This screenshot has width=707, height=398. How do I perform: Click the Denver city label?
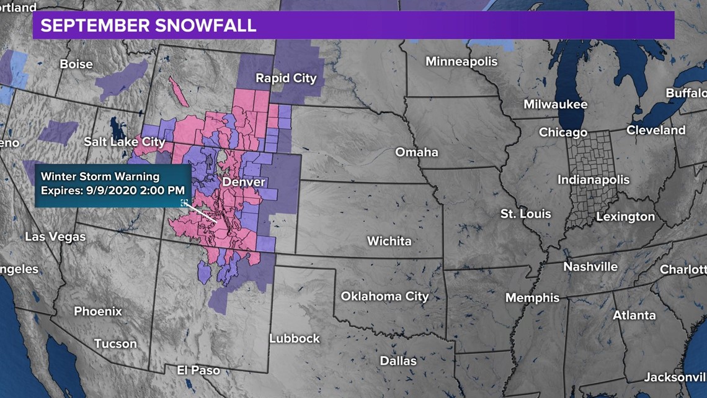243,182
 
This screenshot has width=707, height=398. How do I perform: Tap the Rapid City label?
286,78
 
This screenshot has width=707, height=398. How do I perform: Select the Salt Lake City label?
125,142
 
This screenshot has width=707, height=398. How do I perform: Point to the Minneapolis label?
461,61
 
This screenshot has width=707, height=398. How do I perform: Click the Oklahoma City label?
385,296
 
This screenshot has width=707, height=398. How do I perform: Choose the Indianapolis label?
594,180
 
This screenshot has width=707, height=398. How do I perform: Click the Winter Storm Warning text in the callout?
100,177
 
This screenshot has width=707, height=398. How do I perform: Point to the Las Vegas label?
55,237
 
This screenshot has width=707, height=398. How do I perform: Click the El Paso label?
198,370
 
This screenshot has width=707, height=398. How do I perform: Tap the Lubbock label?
294,338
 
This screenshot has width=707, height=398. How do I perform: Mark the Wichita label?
389,241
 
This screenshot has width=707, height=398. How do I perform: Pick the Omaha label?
417,152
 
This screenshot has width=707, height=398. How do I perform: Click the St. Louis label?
525,214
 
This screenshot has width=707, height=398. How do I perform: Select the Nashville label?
590,267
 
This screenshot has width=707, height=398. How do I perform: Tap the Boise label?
76,64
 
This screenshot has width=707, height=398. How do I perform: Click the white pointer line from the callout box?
202,212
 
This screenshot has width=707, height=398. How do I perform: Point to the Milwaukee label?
555,104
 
